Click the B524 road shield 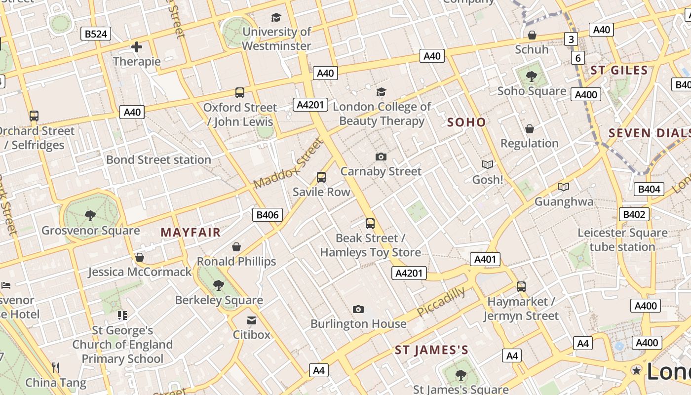[96, 34]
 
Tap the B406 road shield [268, 214]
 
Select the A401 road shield [485, 259]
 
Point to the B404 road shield [649, 189]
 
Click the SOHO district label [466, 122]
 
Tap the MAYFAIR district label [191, 232]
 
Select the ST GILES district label [619, 70]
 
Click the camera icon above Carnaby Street [381, 157]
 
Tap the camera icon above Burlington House [358, 309]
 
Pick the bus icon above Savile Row [321, 177]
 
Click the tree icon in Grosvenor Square [90, 215]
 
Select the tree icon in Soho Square [532, 76]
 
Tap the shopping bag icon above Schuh [532, 35]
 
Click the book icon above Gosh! [487, 164]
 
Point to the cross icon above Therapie [137, 47]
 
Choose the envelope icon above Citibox [252, 320]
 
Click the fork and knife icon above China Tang [56, 367]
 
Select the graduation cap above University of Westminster [276, 18]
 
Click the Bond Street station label [158, 159]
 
